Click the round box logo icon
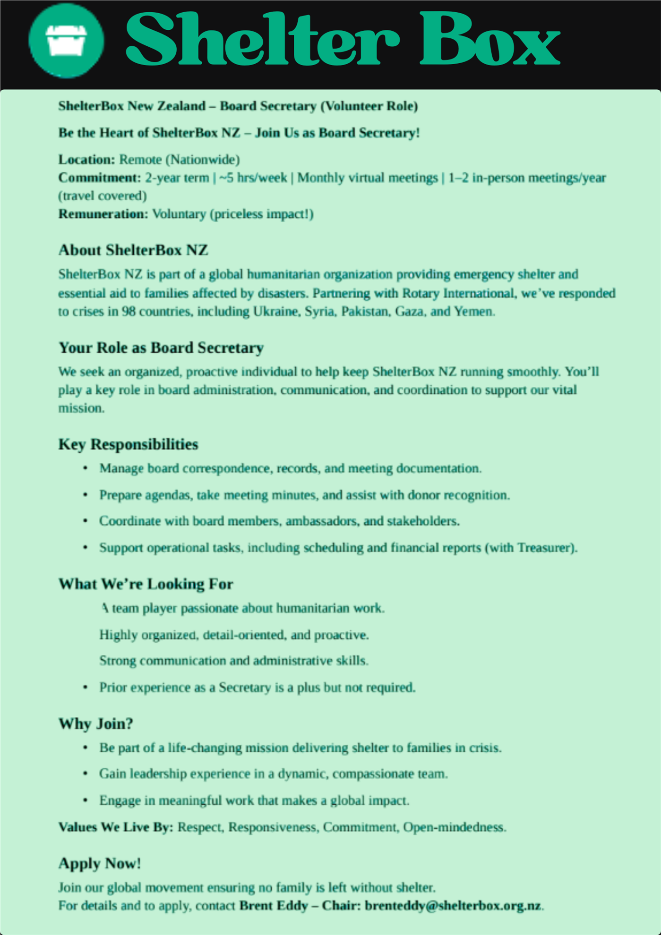66,40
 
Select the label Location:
86,160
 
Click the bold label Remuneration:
103,214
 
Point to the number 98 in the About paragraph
129,312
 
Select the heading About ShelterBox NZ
133,250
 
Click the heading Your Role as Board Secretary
161,348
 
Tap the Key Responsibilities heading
128,444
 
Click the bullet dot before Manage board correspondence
86,468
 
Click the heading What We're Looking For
146,584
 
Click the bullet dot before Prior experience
86,687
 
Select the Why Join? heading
96,724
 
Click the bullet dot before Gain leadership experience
86,773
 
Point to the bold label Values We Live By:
116,827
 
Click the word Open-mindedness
454,827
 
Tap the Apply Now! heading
100,864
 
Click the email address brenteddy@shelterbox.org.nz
453,906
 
